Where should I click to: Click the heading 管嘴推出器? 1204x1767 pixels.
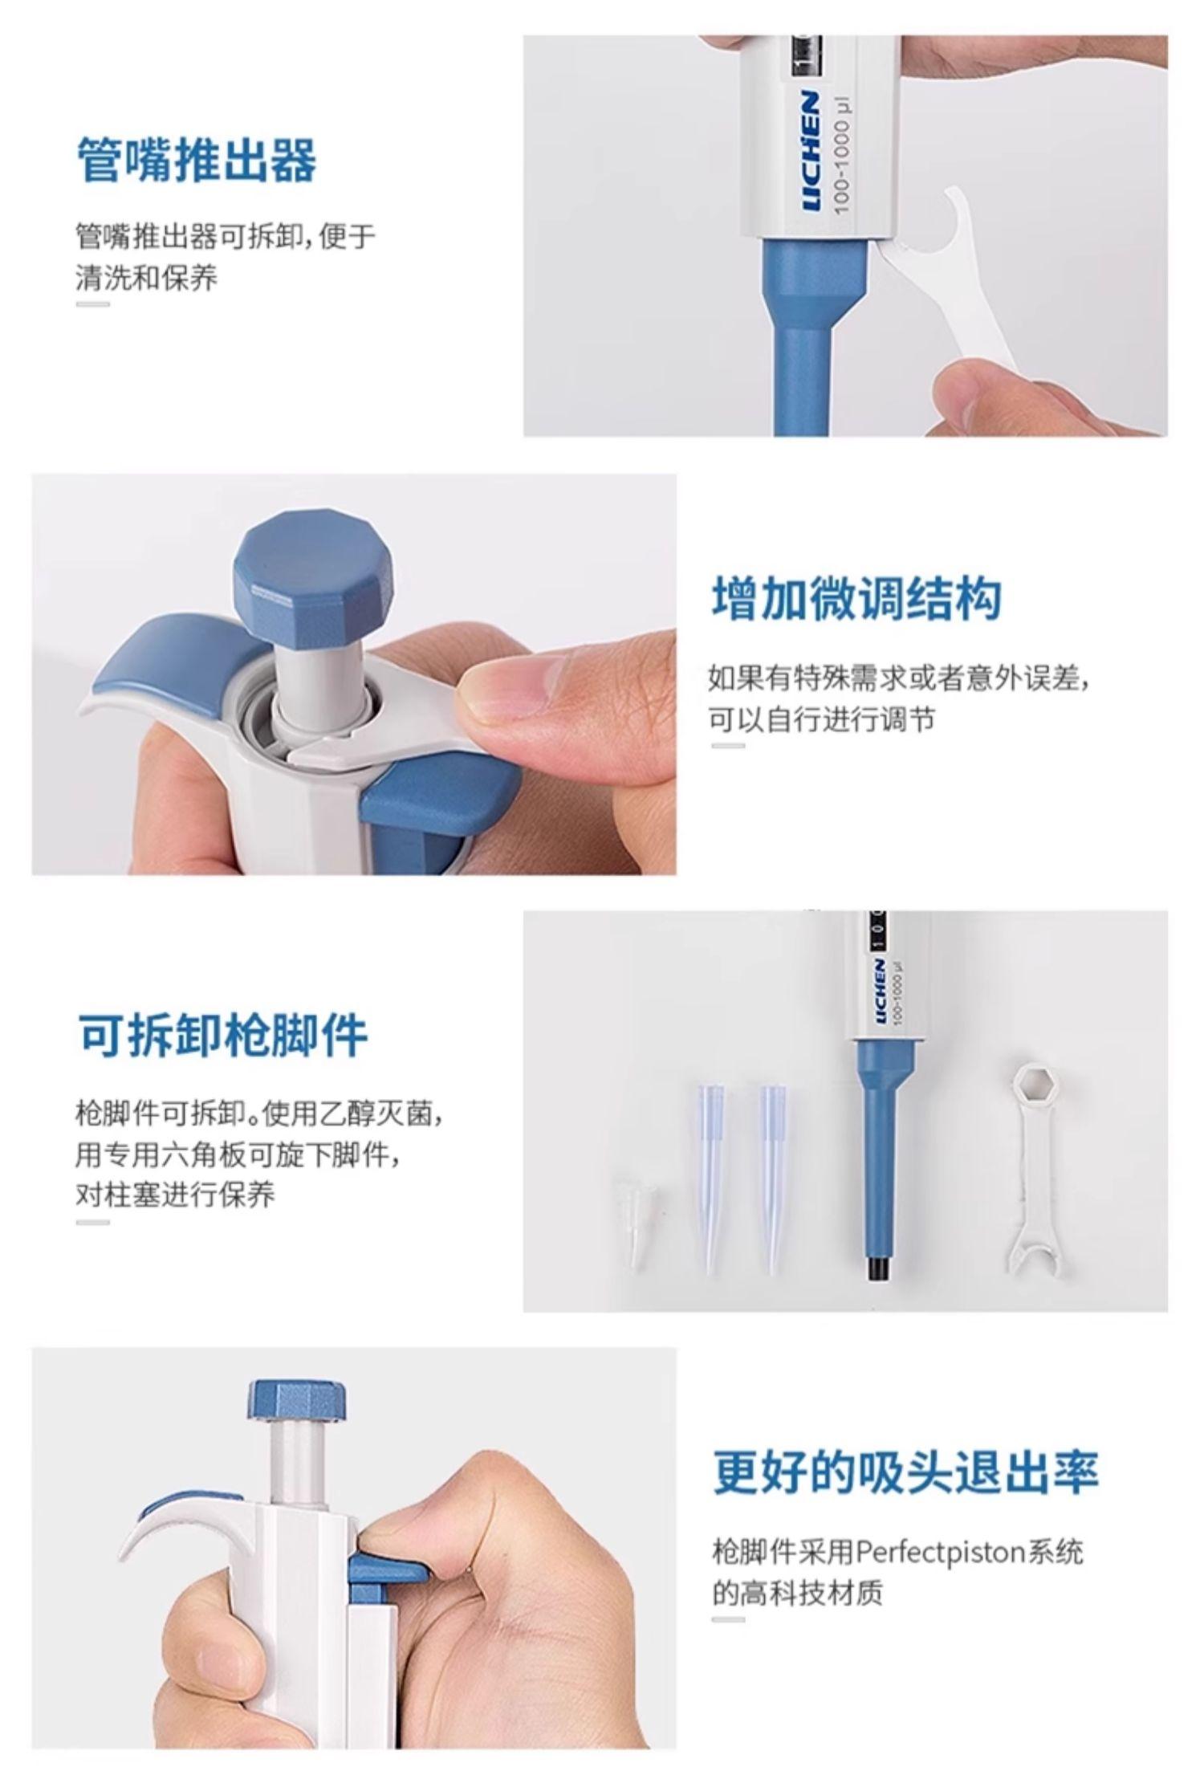pyautogui.click(x=197, y=161)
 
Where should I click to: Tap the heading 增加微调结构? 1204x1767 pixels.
pyautogui.click(x=856, y=598)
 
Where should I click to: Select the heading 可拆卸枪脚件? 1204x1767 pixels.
pyautogui.click(x=222, y=1036)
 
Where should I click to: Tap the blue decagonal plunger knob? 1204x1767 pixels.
pyautogui.click(x=313, y=565)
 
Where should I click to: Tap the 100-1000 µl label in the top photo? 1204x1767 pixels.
pyautogui.click(x=843, y=156)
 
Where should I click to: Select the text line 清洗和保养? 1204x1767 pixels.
pyautogui.click(x=146, y=278)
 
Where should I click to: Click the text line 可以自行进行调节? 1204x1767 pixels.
pyautogui.click(x=822, y=718)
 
